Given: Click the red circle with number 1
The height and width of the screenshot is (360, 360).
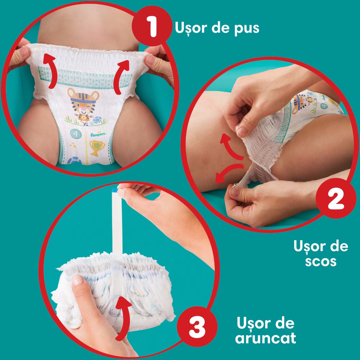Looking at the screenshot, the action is (152, 26).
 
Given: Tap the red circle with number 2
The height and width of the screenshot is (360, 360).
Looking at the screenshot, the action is (336, 198).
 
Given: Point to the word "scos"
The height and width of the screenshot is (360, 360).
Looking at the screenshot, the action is (320, 261).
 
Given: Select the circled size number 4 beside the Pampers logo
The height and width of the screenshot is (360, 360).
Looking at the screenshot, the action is (76, 134).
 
